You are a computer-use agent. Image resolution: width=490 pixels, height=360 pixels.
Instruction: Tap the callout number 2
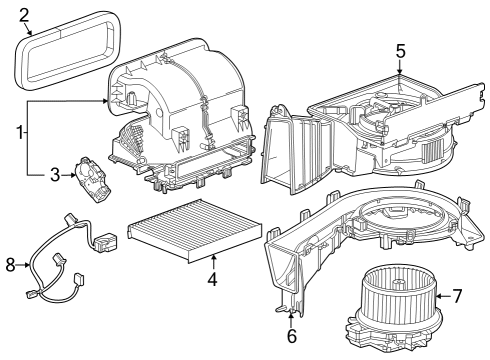click(24, 14)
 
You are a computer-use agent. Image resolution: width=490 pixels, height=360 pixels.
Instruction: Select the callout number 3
click(56, 175)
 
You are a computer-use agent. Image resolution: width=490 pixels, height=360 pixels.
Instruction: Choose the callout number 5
click(400, 49)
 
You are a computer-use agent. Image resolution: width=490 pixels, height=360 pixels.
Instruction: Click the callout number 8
click(11, 265)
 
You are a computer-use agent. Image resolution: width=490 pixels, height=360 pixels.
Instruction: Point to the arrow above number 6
click(292, 316)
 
